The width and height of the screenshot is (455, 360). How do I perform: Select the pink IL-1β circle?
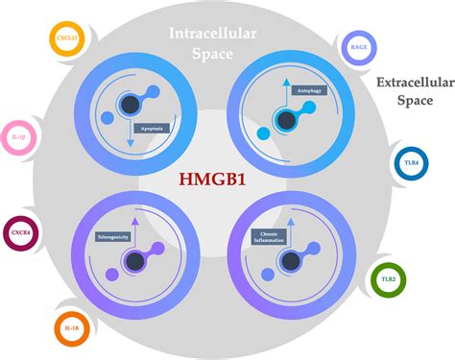(x=20, y=138)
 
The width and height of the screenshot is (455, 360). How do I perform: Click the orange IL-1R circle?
(x=73, y=325)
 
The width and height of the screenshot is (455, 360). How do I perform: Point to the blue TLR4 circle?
(x=411, y=163)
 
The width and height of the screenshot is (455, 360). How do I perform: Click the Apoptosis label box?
(x=145, y=125)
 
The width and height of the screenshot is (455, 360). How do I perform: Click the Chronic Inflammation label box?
(x=272, y=235)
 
